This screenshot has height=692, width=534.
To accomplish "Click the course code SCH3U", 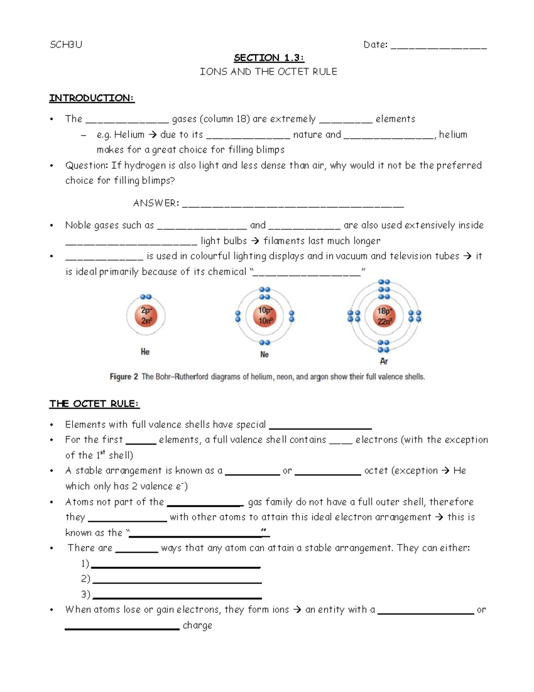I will click(66, 45).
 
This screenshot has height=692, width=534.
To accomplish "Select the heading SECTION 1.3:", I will click(269, 58).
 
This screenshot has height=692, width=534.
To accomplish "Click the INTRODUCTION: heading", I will click(92, 98).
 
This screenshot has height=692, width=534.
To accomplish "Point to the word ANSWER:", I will click(156, 203).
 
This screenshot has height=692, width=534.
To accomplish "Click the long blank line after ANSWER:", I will click(293, 206).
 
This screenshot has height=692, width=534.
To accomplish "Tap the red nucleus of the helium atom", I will click(146, 315).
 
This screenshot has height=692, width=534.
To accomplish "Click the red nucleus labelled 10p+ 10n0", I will click(265, 315).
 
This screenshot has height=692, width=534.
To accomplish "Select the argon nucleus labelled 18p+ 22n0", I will click(384, 316).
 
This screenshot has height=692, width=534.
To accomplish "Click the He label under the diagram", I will click(145, 352).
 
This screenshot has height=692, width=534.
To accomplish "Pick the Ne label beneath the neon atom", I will click(264, 355).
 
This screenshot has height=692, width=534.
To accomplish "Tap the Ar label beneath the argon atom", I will click(384, 361).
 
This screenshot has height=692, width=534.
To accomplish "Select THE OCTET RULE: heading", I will click(94, 404).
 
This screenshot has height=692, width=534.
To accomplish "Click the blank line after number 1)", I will click(175, 567).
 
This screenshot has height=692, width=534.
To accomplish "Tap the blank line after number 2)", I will click(177, 582).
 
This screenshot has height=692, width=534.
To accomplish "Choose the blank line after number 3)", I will click(177, 597).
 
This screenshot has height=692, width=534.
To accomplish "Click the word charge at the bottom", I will click(197, 626).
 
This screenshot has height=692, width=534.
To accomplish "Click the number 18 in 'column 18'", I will click(241, 119).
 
